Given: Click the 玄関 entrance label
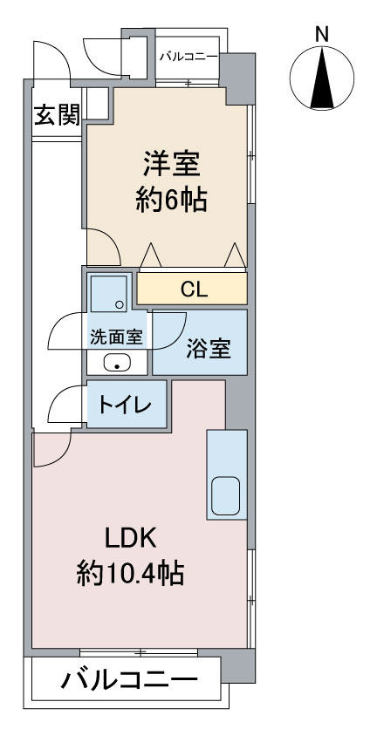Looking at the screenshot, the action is (58, 115).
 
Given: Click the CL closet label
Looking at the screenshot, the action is (194, 290).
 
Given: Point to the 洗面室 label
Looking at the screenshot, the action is (116, 337).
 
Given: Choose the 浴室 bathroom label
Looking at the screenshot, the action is (209, 349).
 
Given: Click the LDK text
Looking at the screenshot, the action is (129, 539).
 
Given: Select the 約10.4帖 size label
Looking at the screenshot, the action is (130, 573).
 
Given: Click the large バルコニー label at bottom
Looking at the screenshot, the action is (129, 681).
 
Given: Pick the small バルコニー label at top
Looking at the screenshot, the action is (188, 58).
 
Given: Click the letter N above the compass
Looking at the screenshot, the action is (322, 34).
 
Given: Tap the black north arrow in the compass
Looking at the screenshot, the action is (322, 78).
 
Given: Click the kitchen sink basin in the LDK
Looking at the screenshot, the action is (226, 495).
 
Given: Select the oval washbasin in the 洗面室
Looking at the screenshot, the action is (117, 363).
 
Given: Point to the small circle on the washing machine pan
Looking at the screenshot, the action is (120, 305).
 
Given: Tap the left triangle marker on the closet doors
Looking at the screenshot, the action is (151, 255).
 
